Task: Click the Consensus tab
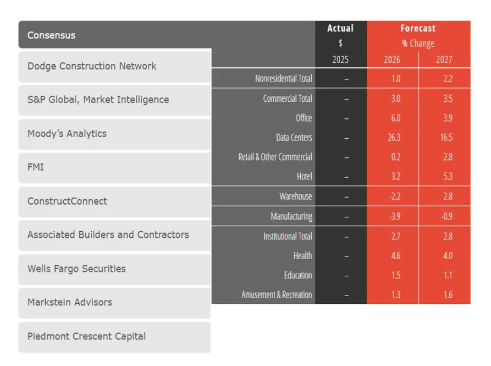click(x=52, y=35)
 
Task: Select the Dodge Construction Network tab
click(x=92, y=66)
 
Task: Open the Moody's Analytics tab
click(x=67, y=134)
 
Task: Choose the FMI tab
click(x=36, y=167)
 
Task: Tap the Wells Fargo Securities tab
click(x=76, y=269)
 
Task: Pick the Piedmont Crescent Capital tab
click(x=86, y=336)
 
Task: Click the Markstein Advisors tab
click(x=70, y=302)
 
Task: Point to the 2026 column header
click(x=392, y=59)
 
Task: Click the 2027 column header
click(x=444, y=59)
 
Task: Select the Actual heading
click(x=340, y=29)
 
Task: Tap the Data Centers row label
click(x=294, y=138)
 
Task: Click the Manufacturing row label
click(x=291, y=216)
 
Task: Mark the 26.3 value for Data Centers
click(x=394, y=138)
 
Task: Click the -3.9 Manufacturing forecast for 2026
click(x=394, y=216)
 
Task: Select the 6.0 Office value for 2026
click(x=395, y=118)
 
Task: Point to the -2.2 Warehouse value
click(x=394, y=196)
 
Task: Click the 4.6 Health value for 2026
click(x=395, y=256)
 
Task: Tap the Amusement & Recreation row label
click(x=277, y=295)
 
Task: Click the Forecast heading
click(x=418, y=29)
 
